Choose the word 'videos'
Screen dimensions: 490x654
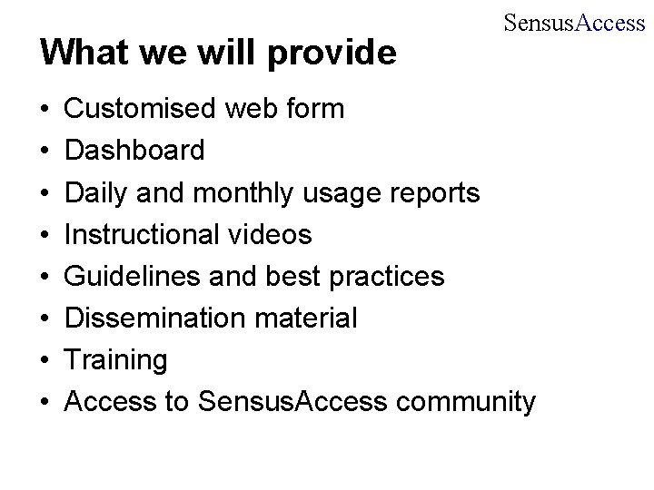pos(272,235)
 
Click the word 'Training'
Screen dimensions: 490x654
pos(117,360)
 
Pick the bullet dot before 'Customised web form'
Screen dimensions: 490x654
pos(45,111)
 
